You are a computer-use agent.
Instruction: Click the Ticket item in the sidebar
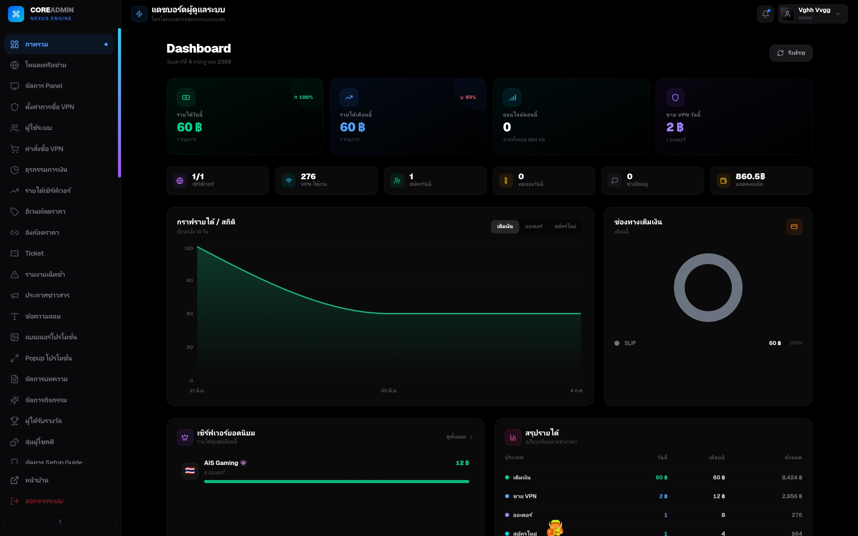pos(35,254)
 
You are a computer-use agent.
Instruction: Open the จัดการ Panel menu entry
pos(44,86)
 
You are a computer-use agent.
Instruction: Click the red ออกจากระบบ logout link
pos(44,501)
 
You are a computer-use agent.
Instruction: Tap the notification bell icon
pos(765,14)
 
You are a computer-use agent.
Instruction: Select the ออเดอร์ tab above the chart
pos(534,226)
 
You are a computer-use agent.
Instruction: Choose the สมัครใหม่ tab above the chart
pos(565,226)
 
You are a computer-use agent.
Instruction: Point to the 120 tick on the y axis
pos(189,248)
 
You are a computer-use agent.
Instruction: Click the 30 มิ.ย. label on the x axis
pos(389,391)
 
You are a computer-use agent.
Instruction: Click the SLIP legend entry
pos(630,343)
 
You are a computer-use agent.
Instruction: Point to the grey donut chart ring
pos(679,288)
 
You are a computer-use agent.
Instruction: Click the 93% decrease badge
pos(468,97)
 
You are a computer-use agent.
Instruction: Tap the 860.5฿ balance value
pos(750,176)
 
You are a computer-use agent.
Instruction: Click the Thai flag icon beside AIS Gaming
pos(190,471)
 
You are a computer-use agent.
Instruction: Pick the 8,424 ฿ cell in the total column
pos(792,477)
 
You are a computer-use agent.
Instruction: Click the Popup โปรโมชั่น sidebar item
pos(49,358)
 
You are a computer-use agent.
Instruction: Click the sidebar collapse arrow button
pos(60,522)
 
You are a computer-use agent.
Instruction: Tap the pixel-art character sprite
pos(555,528)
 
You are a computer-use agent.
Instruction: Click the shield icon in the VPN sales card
pos(675,97)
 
